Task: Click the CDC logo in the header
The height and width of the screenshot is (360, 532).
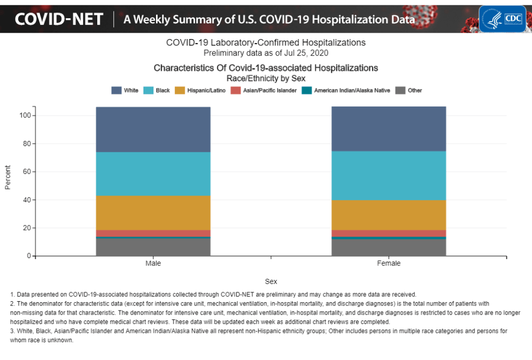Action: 502,19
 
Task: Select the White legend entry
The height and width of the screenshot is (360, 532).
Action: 125,91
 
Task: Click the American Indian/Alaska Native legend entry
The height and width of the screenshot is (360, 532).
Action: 346,91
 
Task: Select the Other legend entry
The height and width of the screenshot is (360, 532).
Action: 409,91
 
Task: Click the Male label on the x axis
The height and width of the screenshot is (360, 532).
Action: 153,264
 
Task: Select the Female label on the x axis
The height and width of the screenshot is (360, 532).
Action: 389,264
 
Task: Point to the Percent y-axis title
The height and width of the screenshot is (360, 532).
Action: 8,177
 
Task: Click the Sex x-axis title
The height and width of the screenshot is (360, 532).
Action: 271,281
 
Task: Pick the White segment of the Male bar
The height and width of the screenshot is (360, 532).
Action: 153,130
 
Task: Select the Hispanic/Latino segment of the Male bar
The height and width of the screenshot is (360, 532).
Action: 153,213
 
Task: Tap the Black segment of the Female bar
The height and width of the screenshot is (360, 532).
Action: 389,175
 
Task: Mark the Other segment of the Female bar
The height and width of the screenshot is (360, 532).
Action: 389,248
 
